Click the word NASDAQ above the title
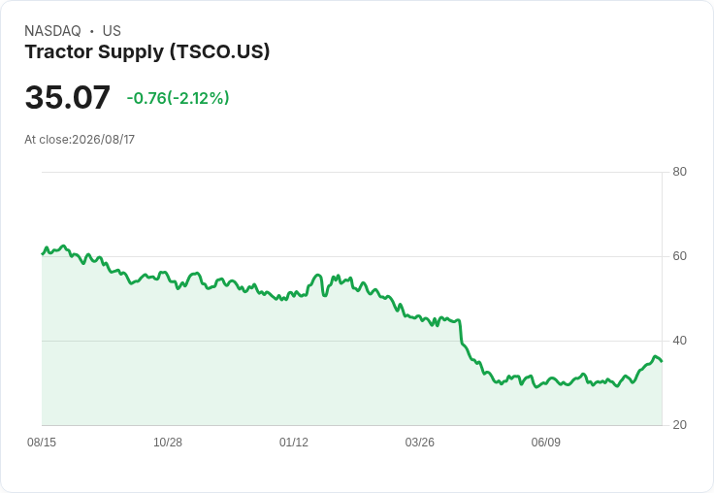52,31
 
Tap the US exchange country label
112,31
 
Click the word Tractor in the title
59,51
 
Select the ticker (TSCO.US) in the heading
220,51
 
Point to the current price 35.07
67,97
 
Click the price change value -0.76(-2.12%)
178,98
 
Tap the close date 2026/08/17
104,140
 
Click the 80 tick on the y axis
679,172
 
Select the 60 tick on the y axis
679,256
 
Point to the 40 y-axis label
679,341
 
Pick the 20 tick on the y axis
679,425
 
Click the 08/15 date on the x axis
42,442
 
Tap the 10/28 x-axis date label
168,442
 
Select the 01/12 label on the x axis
294,442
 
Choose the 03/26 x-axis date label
419,442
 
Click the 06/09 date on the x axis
545,442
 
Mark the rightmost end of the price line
662,361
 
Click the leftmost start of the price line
42,254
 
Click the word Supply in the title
131,52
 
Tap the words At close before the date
47,140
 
